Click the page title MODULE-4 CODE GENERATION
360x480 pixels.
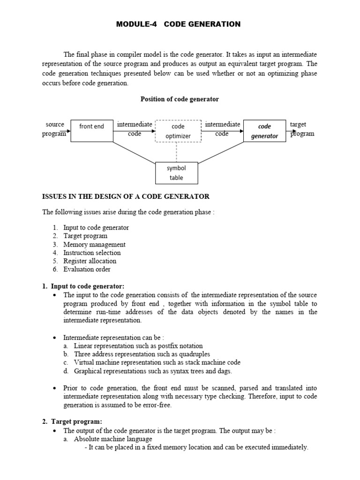178,24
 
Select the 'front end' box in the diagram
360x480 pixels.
91,131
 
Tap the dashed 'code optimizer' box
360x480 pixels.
178,131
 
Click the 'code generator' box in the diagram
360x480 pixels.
264,131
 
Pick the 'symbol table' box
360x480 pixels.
176,173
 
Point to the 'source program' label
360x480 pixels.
55,129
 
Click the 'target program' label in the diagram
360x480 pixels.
301,129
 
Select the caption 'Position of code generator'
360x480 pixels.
180,99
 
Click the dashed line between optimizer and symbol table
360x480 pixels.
177,152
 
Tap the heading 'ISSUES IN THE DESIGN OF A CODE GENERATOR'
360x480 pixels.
126,196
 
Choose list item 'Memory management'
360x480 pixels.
94,244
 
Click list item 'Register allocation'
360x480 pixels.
90,261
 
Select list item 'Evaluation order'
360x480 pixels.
87,269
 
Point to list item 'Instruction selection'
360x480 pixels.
92,253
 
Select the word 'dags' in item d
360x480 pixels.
224,371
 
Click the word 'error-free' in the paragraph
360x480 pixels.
157,405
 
